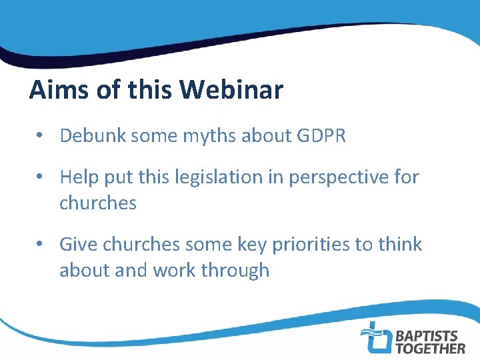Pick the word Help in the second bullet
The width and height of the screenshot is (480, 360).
[x=79, y=177]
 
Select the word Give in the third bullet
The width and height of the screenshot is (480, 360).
[x=78, y=244]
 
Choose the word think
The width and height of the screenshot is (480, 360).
[x=399, y=244]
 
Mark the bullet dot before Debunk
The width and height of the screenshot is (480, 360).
[x=41, y=137]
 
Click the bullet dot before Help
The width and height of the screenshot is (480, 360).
[x=41, y=178]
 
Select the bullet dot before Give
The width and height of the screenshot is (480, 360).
[x=41, y=245]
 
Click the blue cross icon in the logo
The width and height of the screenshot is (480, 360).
[x=375, y=337]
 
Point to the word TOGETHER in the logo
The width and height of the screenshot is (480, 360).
[x=431, y=347]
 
